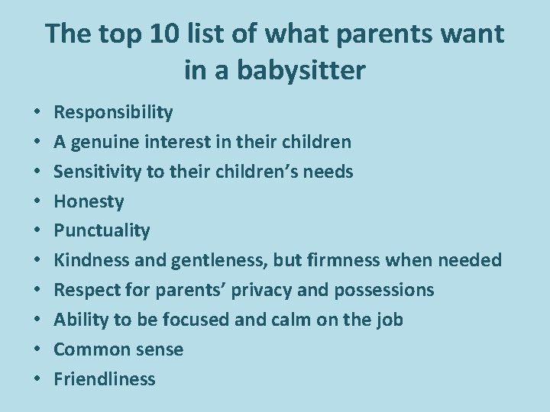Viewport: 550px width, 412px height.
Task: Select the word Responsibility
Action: (x=113, y=113)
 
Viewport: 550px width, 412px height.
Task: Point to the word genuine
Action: (x=102, y=142)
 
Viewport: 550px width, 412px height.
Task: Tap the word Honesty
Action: (x=89, y=201)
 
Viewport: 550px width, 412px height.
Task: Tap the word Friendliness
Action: (x=105, y=378)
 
